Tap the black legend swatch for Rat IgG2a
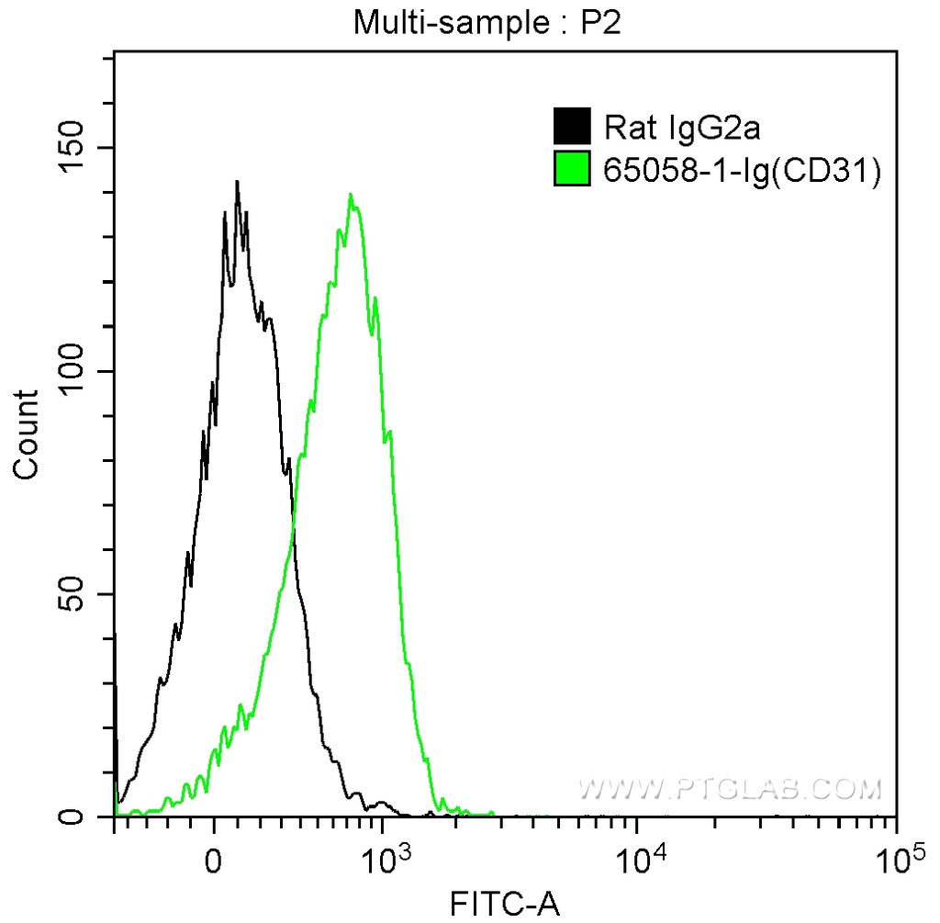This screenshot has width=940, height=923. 572,126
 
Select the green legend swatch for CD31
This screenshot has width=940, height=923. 572,170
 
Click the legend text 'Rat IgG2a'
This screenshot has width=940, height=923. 681,127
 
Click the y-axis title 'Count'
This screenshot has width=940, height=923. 28,433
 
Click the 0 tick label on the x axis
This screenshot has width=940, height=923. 214,861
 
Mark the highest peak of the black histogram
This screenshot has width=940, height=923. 237,182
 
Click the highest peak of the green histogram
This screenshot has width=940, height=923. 351,195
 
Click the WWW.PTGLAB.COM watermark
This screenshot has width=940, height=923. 730,788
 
